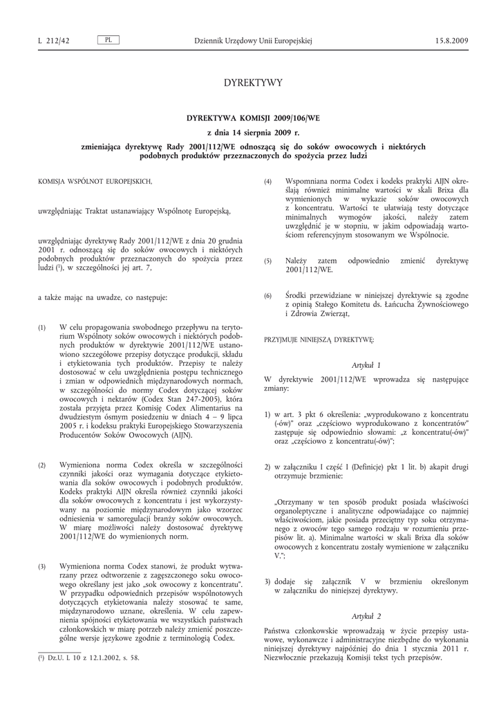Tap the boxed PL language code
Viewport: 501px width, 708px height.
(x=108, y=40)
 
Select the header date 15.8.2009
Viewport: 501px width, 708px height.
(x=452, y=41)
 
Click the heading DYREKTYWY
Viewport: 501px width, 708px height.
(x=254, y=83)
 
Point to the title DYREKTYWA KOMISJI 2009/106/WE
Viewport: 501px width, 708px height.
(x=254, y=118)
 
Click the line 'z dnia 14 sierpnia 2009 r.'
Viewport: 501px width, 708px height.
(x=254, y=132)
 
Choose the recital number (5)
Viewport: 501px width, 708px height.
(x=268, y=261)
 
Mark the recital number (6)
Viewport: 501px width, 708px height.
(x=268, y=296)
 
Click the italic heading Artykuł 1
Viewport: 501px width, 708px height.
(x=366, y=364)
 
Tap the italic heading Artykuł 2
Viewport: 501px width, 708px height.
(x=366, y=615)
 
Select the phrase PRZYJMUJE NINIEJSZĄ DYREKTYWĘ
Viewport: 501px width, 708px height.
(x=319, y=340)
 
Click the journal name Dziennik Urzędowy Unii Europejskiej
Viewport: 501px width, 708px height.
(x=254, y=41)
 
